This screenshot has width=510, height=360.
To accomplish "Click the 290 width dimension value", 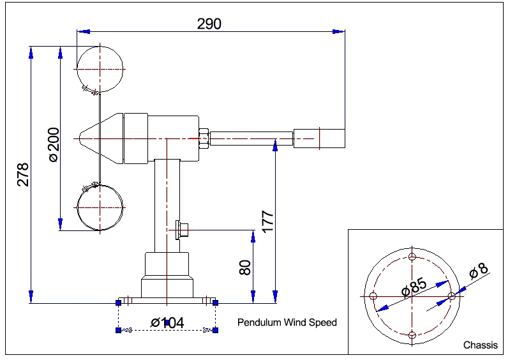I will (x=209, y=24).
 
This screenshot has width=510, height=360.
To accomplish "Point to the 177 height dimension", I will (x=267, y=220).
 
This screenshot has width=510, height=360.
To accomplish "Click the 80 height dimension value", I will (x=245, y=266).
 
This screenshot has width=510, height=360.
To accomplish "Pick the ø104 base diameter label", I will (x=167, y=322).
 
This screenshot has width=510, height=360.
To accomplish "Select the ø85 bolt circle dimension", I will (x=414, y=287).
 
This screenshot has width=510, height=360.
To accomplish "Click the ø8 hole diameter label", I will (x=479, y=271).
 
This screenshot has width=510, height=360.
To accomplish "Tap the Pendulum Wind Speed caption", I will (x=287, y=322).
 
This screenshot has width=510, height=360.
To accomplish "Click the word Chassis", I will (x=480, y=345).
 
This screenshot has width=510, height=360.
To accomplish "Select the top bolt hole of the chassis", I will (x=412, y=257).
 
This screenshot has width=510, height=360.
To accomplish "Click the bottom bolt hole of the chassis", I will (x=412, y=335).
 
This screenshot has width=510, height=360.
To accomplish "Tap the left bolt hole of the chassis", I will (x=373, y=296).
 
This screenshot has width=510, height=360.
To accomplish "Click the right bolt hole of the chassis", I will (x=451, y=296).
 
